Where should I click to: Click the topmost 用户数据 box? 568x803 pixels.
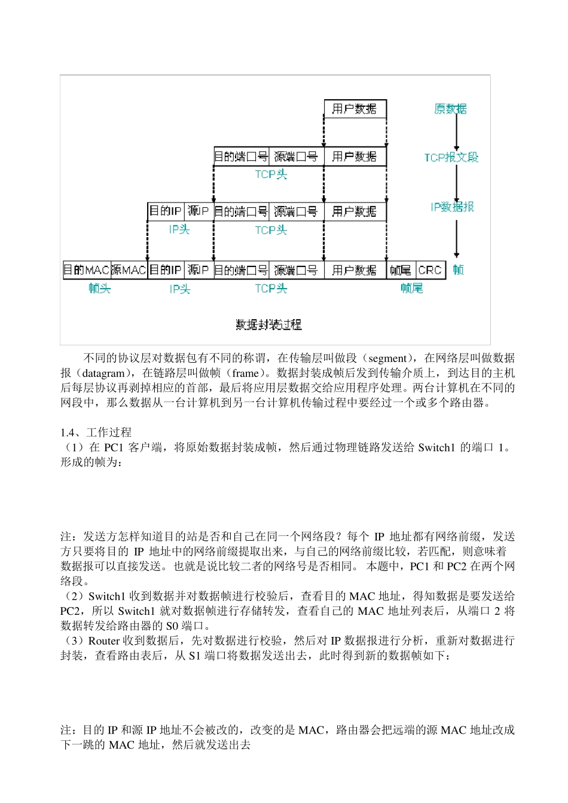(355, 109)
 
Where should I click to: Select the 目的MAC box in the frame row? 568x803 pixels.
(87, 270)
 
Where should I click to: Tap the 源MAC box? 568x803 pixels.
(129, 270)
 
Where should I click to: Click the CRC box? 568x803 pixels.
(430, 270)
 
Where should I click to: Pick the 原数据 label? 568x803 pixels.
(450, 109)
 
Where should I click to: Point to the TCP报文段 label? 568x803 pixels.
(451, 158)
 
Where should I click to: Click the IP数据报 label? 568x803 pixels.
(452, 207)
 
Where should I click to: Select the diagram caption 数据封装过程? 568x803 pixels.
(268, 324)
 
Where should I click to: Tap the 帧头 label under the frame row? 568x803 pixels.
(100, 289)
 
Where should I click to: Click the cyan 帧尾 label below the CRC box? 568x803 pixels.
(412, 289)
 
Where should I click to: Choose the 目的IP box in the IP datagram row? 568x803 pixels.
(166, 211)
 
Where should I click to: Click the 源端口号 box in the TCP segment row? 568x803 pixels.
(296, 157)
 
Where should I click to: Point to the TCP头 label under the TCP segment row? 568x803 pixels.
(271, 174)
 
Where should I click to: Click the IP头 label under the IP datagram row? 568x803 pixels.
(179, 229)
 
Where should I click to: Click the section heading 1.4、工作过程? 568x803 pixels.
(96, 432)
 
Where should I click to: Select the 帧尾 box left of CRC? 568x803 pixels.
(401, 270)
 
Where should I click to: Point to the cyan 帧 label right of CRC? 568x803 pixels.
(458, 270)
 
